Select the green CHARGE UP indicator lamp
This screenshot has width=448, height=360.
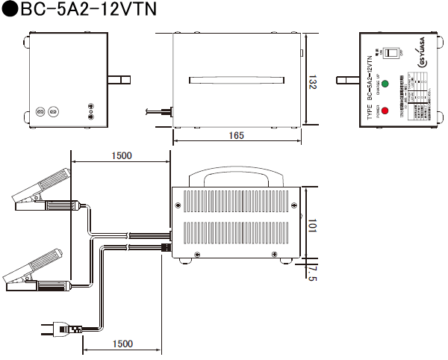[385, 83]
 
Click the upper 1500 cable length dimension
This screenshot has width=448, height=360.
[120, 156]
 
